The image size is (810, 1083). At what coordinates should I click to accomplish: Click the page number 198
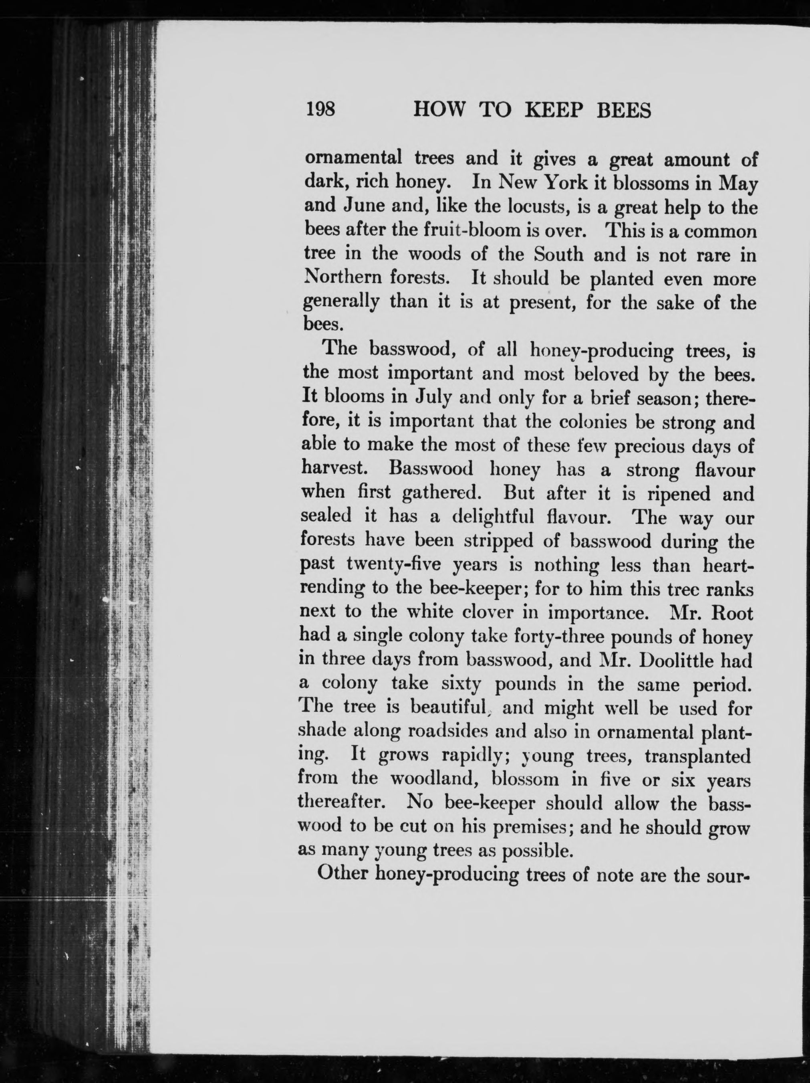320,109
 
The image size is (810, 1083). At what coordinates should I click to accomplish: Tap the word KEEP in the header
553,111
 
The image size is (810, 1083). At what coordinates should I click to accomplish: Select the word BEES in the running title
624,111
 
